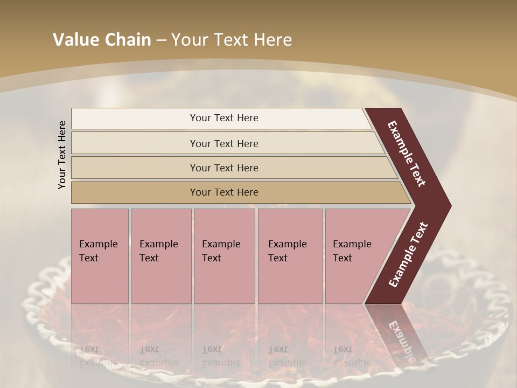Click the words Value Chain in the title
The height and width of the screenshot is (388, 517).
(102, 40)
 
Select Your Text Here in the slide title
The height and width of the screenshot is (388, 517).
(232, 40)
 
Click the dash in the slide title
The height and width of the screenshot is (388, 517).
(161, 40)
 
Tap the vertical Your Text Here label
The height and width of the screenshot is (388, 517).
(62, 155)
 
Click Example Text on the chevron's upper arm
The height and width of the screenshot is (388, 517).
(407, 154)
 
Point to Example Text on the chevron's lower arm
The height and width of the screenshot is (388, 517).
(408, 254)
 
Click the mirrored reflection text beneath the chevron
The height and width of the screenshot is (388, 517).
(402, 337)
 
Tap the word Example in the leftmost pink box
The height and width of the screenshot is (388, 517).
(99, 244)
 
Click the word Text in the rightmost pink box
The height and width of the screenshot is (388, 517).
(343, 258)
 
